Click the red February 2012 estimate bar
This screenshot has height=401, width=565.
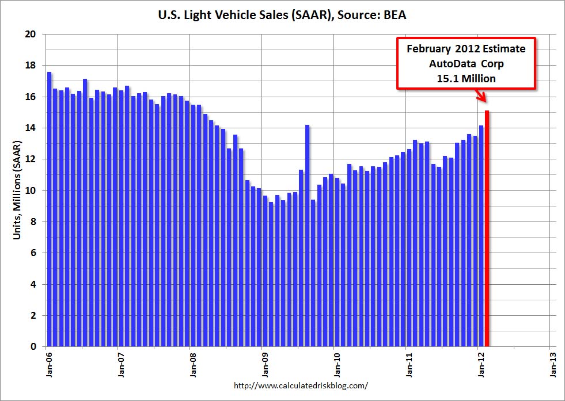click(x=487, y=230)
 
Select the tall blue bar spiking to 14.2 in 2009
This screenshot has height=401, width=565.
click(x=308, y=236)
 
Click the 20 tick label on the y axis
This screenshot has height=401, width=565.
click(x=31, y=35)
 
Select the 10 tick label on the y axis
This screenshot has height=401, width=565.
click(x=31, y=190)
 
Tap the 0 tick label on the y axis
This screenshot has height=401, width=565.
click(x=33, y=347)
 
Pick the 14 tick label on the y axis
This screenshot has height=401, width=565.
click(x=31, y=128)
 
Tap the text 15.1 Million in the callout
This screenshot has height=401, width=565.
click(x=466, y=78)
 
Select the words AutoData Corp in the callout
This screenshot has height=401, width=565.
click(x=466, y=64)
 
